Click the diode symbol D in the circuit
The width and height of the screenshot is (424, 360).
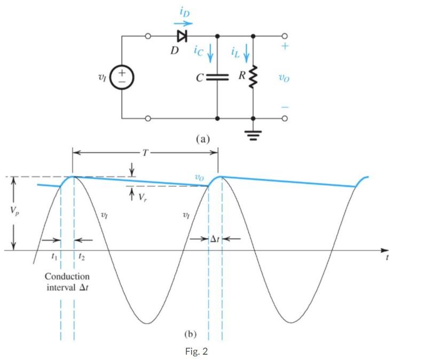point(182,36)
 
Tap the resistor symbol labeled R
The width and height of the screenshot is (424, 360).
point(253,77)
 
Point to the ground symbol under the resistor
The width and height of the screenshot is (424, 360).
point(253,131)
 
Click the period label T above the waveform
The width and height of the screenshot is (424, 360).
point(145,152)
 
